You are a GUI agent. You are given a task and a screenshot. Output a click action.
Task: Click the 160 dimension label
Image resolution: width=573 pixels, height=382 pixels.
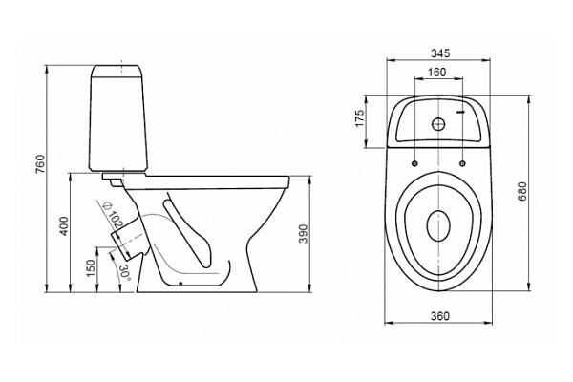[437, 71]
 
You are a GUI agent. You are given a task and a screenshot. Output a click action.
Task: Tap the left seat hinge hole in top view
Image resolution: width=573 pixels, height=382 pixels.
[417, 162]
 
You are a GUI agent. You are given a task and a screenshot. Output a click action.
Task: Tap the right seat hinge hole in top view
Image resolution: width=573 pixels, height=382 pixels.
[462, 162]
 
